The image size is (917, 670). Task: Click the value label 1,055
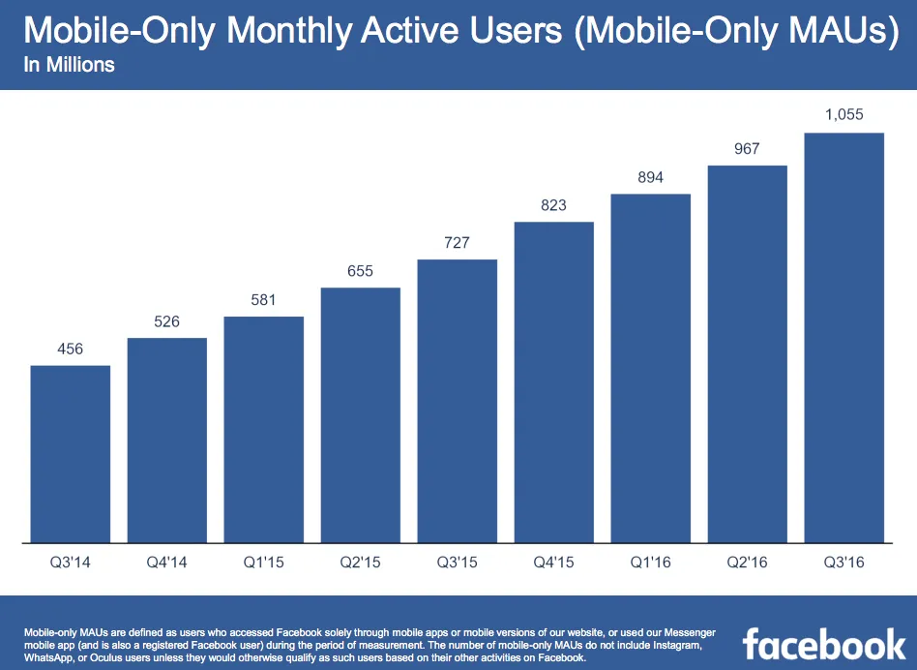coord(843,115)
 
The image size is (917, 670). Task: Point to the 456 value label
coord(70,349)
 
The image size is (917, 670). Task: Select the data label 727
coord(457,243)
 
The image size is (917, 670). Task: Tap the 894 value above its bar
coord(650,177)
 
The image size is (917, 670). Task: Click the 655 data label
coord(360,271)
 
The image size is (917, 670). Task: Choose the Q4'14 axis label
coord(166,563)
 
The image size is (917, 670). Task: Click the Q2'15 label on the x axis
coord(360,563)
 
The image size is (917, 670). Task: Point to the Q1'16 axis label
coord(650,563)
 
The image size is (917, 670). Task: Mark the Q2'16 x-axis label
coord(747,563)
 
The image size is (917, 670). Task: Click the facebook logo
coord(823,643)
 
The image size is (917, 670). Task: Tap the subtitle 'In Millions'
coord(69,66)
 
